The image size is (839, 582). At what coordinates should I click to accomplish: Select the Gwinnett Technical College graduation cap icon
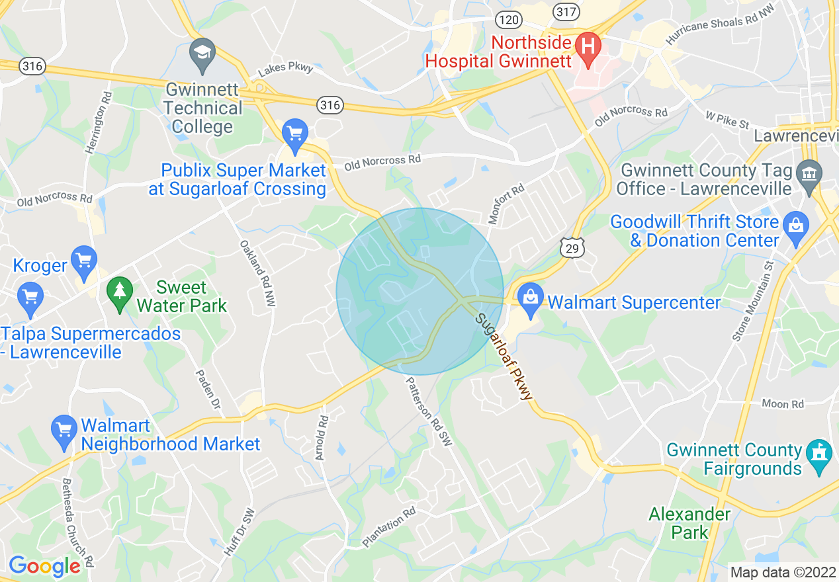pos(202,53)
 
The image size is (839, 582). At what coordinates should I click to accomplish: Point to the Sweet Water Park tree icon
pos(120,293)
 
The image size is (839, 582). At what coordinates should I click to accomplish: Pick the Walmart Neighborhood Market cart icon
pos(64,431)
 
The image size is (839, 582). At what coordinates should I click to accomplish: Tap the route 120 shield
pos(509,20)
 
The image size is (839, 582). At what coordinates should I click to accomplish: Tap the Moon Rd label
pos(782,403)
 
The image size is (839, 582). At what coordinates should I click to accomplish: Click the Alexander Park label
pos(689,523)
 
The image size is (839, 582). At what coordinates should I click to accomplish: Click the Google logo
pos(44,566)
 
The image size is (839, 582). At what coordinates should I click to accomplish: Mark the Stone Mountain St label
pos(752,301)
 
